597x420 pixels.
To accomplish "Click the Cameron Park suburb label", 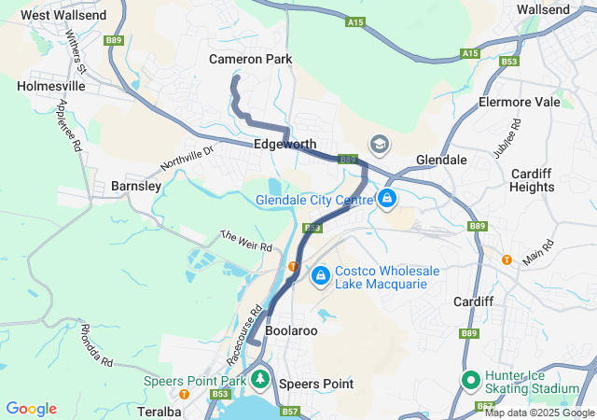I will pos(250,59).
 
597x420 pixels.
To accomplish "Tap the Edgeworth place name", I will pos(285,145).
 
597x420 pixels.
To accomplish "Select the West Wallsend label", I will pos(63,15).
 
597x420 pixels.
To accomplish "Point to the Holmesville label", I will pos(51,85).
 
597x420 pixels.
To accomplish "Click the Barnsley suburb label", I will pos(136,186).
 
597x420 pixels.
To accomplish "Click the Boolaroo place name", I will pos(291,331).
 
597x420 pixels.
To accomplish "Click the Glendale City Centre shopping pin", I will pos(387,198).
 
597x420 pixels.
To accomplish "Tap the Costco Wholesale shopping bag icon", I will pos(320,275).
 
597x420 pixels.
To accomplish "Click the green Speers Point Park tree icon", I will pos(261,379).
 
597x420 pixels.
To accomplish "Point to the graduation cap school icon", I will pos(380,144).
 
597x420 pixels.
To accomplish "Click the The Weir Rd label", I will pos(246,240).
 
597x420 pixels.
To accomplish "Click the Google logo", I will pos(32,409).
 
